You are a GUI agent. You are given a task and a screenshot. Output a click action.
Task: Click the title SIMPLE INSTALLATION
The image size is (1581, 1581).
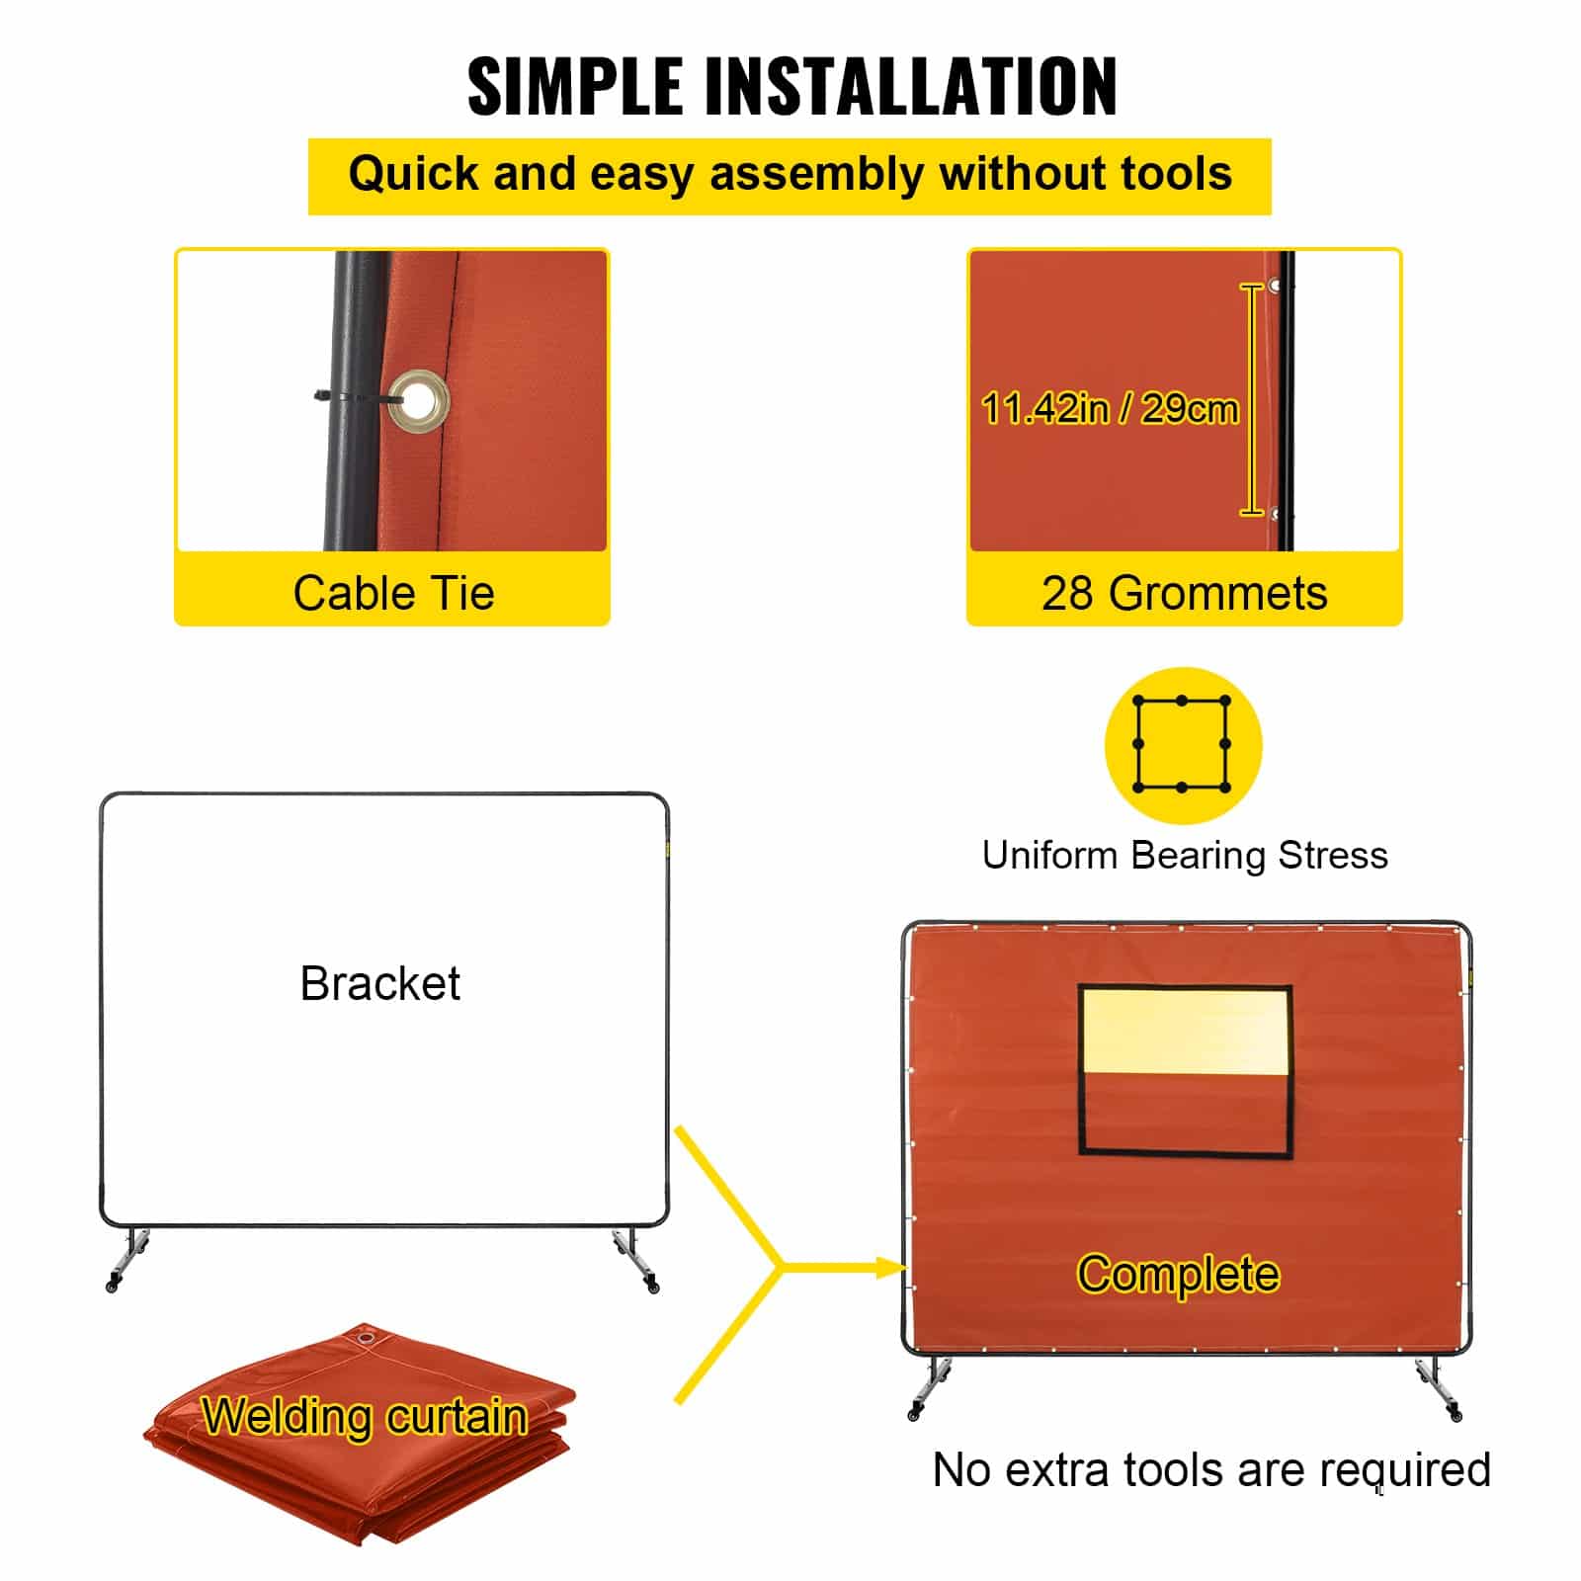point(791,86)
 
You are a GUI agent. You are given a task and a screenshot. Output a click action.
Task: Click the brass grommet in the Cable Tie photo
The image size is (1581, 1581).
point(419,400)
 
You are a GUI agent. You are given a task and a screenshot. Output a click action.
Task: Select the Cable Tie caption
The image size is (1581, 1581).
point(393,593)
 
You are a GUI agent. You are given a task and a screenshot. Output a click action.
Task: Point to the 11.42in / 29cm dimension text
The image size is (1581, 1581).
point(1110,408)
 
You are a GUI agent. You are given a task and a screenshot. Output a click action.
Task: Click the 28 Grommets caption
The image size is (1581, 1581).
point(1184,593)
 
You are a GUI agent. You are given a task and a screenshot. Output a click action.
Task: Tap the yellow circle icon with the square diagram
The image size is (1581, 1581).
point(1183,745)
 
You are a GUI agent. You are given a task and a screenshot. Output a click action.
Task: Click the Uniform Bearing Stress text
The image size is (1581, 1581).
point(1184,856)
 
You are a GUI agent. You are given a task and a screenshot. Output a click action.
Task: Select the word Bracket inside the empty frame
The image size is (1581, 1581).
point(379,983)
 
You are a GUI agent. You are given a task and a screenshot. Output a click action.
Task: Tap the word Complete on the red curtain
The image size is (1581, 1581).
point(1178,1274)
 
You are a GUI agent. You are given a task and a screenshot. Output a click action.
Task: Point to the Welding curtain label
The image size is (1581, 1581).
point(364,1417)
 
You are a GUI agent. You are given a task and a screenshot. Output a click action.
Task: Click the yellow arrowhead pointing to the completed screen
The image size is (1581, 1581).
point(891,1267)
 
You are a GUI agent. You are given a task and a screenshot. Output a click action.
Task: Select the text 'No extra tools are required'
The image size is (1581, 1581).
point(1211,1469)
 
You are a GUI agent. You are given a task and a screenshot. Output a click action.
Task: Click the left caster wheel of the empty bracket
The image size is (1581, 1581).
point(113,1285)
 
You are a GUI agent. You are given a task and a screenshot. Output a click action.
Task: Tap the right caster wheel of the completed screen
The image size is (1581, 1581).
point(1456,1415)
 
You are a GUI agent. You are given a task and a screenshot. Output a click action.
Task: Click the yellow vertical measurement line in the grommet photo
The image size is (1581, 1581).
point(1252,399)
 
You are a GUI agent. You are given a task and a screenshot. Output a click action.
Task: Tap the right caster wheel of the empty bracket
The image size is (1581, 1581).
point(652,1286)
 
